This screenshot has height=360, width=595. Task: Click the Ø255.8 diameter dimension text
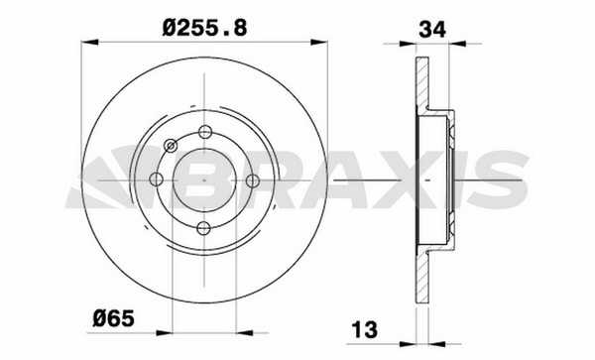[x=205, y=28]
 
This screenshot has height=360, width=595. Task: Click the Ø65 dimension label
[x=113, y=318]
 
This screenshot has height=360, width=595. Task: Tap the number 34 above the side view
[x=432, y=29]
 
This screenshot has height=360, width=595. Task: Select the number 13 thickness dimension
[x=365, y=329]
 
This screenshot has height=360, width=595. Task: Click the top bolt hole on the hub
[x=205, y=132]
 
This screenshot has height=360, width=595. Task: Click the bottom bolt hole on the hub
[x=203, y=228]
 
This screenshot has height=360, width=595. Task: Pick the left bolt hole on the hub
[x=156, y=180]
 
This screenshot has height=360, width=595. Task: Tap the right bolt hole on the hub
[x=253, y=180]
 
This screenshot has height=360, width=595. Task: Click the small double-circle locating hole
[x=172, y=146]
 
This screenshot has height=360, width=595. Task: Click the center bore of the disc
[x=204, y=180]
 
